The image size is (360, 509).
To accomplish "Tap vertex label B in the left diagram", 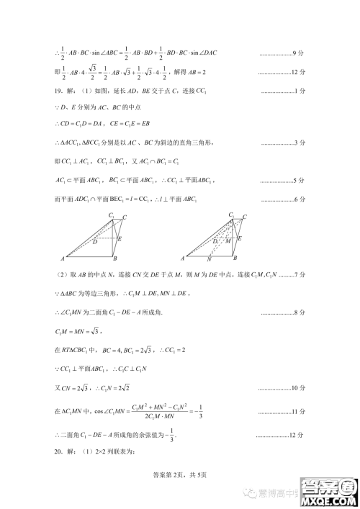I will point(115,257).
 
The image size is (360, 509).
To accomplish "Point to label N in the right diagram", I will point(209,258).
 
